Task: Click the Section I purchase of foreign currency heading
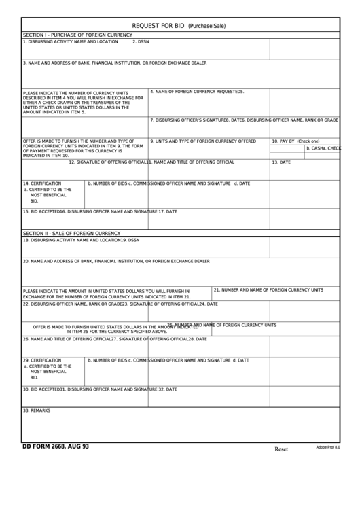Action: click(x=77, y=34)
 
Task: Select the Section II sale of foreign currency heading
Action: click(x=71, y=232)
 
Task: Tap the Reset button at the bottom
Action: click(x=281, y=449)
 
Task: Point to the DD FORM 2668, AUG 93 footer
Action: click(x=55, y=447)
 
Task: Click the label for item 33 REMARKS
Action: click(x=37, y=410)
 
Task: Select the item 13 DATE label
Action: click(x=281, y=162)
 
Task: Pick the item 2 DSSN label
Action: click(x=141, y=41)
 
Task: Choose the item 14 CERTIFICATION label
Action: click(x=42, y=183)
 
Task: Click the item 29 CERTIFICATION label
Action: click(x=42, y=360)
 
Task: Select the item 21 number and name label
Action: click(x=268, y=290)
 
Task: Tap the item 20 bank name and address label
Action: click(x=114, y=260)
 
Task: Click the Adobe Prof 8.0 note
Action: click(x=328, y=447)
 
